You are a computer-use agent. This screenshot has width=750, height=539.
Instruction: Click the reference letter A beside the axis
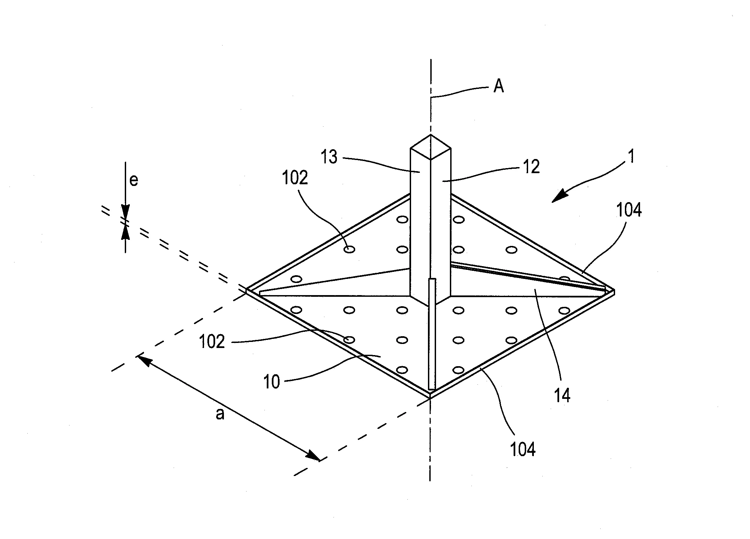point(498,86)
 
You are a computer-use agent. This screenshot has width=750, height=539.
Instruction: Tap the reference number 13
point(329,157)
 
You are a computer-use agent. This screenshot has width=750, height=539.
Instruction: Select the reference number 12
point(531,167)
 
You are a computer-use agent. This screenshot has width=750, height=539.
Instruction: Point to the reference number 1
point(632,157)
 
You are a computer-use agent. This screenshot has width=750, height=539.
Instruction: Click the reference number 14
point(562,395)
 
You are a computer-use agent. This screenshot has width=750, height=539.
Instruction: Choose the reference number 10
point(271,382)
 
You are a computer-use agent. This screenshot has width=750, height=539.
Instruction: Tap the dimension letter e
point(134,181)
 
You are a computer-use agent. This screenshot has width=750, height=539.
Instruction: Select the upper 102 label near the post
point(295,178)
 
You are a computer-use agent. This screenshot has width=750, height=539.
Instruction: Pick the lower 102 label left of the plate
point(212,342)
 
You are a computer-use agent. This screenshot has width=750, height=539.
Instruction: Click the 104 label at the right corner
point(629,210)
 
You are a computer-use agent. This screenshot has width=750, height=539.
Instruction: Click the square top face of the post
point(430,147)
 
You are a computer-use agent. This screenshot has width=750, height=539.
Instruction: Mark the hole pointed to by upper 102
point(349,250)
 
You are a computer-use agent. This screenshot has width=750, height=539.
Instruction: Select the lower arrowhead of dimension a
point(313,456)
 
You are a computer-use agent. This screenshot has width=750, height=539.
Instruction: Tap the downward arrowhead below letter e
point(125,212)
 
